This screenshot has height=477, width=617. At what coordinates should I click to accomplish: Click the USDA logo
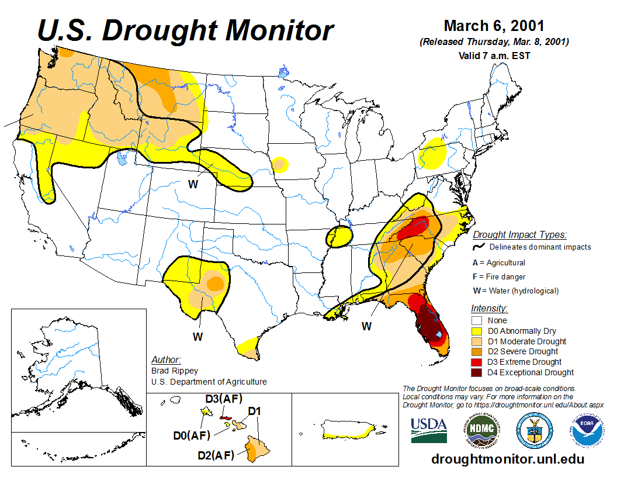click(x=428, y=430)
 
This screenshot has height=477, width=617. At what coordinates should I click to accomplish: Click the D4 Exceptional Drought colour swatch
click(x=477, y=372)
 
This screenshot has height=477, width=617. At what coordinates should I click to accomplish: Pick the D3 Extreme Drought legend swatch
click(x=477, y=362)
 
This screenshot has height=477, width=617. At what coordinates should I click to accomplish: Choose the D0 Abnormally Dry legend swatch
click(x=477, y=331)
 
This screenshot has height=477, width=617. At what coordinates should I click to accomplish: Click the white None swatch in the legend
click(x=477, y=320)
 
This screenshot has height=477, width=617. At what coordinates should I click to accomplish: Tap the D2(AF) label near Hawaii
click(x=215, y=455)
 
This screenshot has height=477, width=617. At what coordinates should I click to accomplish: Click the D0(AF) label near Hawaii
click(x=191, y=435)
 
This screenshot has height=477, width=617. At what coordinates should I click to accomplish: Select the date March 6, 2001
click(x=494, y=26)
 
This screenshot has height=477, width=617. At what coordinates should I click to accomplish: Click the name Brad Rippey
click(x=174, y=371)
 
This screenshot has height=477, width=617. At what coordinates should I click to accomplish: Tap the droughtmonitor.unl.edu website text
click(x=507, y=459)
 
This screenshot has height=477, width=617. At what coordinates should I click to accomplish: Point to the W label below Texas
click(x=198, y=337)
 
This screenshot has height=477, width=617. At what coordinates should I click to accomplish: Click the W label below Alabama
click(x=366, y=326)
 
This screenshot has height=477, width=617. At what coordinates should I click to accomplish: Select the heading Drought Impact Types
click(x=519, y=235)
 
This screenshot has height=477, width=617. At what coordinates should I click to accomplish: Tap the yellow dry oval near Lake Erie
click(x=434, y=153)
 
